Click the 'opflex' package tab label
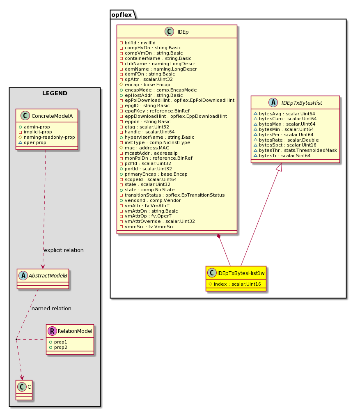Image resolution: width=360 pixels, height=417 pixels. point(122,15)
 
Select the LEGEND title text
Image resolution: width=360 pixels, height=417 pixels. point(55,93)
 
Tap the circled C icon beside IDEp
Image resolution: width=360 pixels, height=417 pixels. point(169,32)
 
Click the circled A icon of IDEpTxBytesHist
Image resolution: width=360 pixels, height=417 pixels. point(273,103)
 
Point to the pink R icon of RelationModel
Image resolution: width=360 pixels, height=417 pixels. point(52,331)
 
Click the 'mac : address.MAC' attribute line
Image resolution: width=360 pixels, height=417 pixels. point(147,148)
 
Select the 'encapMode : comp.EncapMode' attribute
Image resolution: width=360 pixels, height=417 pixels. point(158,90)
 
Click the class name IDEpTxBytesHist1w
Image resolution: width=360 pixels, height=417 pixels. point(241,273)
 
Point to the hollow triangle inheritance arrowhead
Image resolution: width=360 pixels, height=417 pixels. point(279,167)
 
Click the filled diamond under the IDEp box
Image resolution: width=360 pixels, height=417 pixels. point(219,236)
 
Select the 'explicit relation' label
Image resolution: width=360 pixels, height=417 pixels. point(64,250)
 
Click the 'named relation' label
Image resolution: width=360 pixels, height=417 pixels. point(51,309)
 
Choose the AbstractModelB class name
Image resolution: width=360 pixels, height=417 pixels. point(48,276)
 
